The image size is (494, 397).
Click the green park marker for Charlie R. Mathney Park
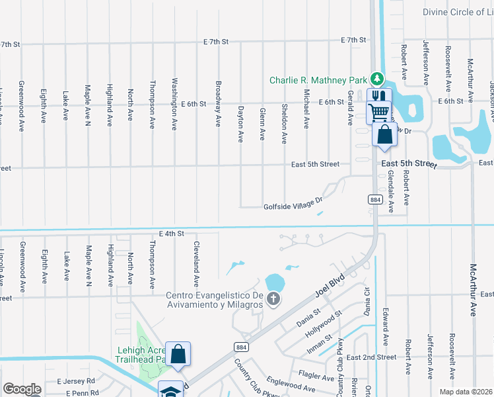click(376, 79)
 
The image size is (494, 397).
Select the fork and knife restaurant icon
click(379, 97)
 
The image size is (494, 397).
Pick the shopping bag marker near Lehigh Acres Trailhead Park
click(178, 353)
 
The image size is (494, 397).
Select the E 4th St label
click(171, 234)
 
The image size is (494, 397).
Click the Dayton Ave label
click(240, 123)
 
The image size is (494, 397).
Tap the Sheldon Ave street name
click(284, 123)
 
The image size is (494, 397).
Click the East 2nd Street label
click(371, 357)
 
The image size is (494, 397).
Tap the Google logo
click(22, 389)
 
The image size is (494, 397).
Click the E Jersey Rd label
click(76, 382)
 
